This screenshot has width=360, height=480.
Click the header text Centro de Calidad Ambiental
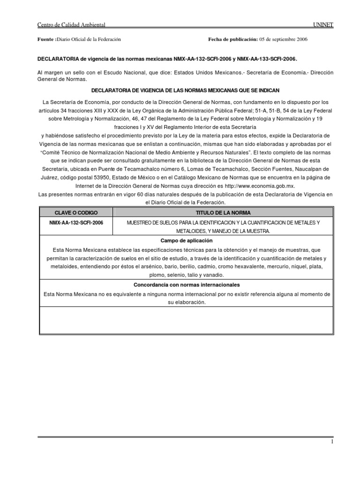tap(71, 24)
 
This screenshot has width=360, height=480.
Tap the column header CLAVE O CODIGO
tap(72, 213)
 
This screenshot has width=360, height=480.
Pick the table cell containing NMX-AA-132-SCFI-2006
tap(72, 223)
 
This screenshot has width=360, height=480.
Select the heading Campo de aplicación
tap(187, 241)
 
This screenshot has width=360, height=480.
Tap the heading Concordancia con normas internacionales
tap(187, 285)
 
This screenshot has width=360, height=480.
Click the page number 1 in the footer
tap(332, 442)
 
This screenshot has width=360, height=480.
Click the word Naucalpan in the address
tap(301, 169)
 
